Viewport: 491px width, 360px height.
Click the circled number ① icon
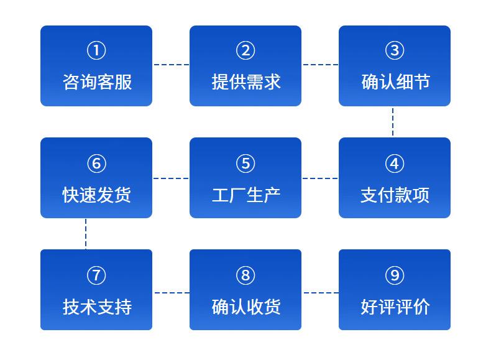tap(96, 50)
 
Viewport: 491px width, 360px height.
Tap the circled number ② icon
tap(245, 50)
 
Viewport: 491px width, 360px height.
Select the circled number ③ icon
tap(395, 50)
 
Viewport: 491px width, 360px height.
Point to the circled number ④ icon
tap(395, 164)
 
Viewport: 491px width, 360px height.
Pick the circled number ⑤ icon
tap(245, 164)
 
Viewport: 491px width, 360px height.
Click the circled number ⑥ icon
tap(96, 164)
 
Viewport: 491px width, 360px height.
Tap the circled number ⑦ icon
tap(96, 275)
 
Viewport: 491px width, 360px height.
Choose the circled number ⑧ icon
tap(245, 275)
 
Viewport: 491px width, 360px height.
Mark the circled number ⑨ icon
tap(395, 275)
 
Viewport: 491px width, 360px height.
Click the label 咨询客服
tap(97, 82)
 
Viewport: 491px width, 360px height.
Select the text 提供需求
tap(246, 82)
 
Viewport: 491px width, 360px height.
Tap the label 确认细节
tap(395, 82)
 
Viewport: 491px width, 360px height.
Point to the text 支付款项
tap(395, 195)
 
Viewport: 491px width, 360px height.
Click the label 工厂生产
tap(246, 195)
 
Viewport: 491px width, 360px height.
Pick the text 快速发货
tap(97, 195)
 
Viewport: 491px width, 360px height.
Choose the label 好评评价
tap(395, 307)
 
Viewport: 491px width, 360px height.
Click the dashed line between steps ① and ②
tap(172, 65)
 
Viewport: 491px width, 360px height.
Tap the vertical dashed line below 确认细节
tap(393, 122)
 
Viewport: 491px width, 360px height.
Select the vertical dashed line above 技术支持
tap(86, 234)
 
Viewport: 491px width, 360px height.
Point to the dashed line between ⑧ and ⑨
tap(321, 293)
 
